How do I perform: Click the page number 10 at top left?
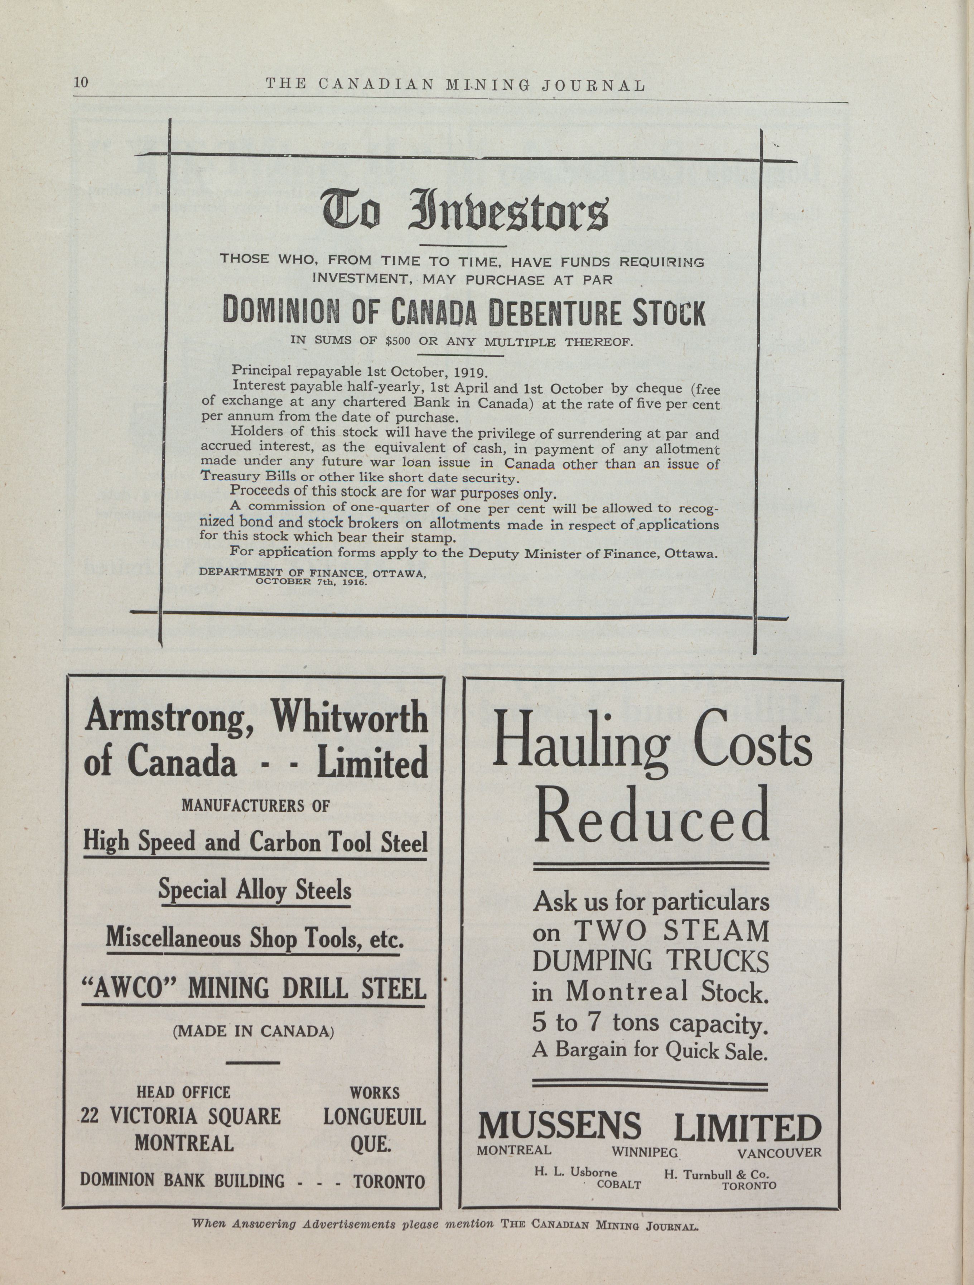81,82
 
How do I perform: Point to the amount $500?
398,341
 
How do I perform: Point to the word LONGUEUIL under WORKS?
374,1116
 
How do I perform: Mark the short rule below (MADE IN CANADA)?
252,1063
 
